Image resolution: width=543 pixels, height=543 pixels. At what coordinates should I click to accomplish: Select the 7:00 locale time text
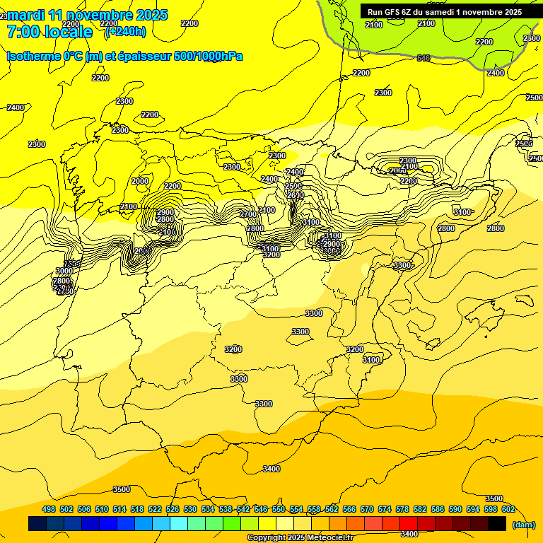49,32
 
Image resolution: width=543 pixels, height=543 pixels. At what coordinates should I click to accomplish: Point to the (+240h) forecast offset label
125,31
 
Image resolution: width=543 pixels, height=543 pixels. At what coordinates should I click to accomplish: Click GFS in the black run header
395,12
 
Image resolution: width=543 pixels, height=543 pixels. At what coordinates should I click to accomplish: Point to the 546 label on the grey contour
424,58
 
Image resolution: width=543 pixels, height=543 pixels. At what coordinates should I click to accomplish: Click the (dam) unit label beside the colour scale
523,524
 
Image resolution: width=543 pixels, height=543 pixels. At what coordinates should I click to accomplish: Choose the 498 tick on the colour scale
49,509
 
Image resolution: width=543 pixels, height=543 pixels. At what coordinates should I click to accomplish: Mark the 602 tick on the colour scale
508,509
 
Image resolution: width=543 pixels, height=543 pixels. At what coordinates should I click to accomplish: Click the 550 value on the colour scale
279,509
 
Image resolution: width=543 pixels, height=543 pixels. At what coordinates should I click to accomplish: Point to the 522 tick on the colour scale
155,509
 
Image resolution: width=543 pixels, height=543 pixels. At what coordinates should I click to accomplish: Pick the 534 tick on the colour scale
208,509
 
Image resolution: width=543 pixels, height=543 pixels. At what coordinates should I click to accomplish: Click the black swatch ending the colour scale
497,523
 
